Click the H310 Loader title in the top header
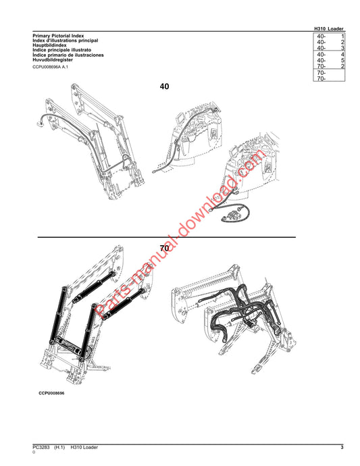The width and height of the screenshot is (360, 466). tap(329, 29)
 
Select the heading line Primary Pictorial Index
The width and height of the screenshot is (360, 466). tap(58, 36)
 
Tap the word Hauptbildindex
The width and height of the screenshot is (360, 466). tap(50, 45)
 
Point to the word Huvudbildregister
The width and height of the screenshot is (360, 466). tap(53, 59)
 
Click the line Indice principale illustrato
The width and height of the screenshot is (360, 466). tap(62, 50)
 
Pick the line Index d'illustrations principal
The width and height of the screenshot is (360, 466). tap(66, 41)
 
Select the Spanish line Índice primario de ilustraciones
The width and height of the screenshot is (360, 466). tap(68, 55)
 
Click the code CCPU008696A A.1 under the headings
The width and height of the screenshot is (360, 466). tap(50, 67)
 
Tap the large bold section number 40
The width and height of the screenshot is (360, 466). tap(164, 86)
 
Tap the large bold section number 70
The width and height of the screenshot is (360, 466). tap(164, 248)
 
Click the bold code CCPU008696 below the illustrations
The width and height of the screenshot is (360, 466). tap(51, 393)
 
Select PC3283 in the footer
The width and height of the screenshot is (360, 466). tap(41, 447)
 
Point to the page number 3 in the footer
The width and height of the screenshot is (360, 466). tap(342, 447)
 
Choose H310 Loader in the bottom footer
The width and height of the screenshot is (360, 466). tap(84, 447)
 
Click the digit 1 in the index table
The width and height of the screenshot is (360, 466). tap(342, 36)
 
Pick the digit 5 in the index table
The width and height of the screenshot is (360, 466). tap(342, 60)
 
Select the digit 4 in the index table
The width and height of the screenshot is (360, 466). tap(342, 55)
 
